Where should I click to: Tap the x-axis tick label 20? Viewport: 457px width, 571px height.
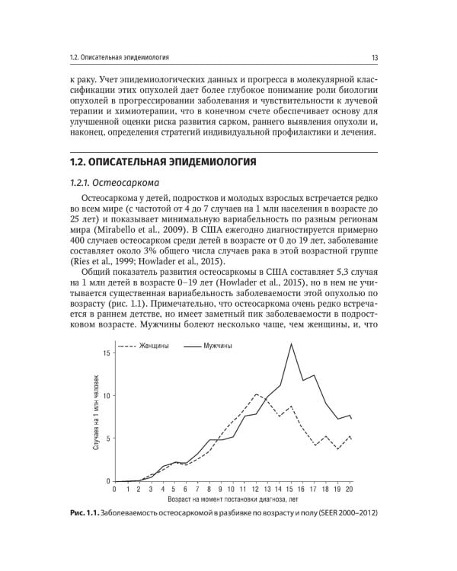pos(350,489)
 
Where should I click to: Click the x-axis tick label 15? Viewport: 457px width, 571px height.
pos(291,489)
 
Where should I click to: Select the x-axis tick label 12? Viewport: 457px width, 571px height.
pos(256,489)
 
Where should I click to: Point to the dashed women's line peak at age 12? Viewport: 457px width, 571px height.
pos(256,394)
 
